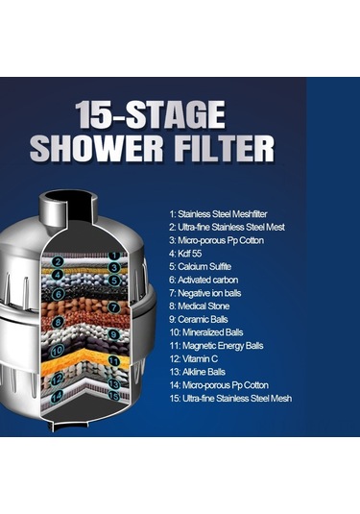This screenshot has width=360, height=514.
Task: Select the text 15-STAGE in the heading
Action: pos(151,114)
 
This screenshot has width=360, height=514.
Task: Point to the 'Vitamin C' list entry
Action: pos(194,358)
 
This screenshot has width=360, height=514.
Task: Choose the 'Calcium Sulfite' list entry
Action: pos(200,266)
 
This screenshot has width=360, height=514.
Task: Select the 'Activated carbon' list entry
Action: pos(204,280)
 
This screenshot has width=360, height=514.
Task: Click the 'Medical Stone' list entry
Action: pos(199,306)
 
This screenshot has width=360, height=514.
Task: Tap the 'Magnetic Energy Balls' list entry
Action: pos(217,346)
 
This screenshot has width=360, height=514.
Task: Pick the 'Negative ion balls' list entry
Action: pos(205,293)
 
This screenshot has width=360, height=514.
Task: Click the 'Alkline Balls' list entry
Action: pos(197,372)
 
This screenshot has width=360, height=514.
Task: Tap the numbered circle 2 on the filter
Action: pos(58,262)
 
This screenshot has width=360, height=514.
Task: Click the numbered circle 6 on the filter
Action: pos(59,294)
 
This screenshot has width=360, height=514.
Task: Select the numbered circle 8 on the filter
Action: pos(58,322)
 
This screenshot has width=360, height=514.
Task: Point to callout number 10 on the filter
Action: pos(58,351)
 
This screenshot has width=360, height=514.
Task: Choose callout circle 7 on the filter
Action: pos(113,307)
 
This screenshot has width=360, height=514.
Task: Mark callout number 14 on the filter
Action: pos(57,397)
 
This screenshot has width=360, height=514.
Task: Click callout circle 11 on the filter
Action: pos(113,361)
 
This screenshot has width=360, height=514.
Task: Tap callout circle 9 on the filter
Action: pos(113,334)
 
